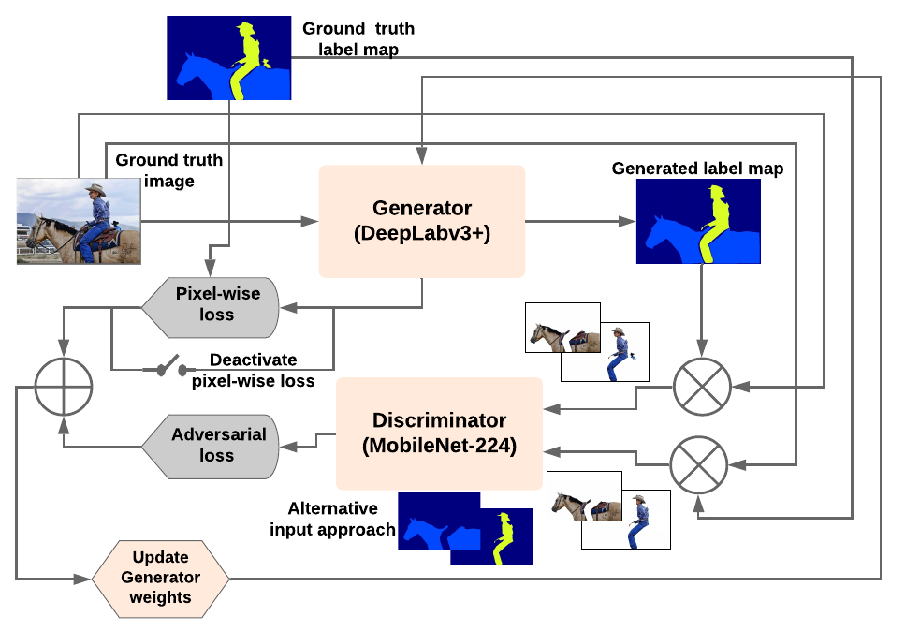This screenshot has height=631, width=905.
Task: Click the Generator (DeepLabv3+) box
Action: (422, 221)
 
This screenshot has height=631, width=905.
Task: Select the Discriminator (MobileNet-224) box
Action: (439, 433)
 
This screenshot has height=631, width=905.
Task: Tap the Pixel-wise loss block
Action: (211, 307)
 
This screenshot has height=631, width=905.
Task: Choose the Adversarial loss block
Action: (211, 447)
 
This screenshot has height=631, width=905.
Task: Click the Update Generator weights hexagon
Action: (160, 579)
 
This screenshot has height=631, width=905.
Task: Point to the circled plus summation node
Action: (64, 387)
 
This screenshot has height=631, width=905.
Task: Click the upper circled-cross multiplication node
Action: (702, 387)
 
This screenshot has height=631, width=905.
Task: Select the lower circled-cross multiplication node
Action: (698, 464)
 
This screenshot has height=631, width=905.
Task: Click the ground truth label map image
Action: (229, 58)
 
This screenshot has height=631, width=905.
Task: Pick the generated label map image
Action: (698, 221)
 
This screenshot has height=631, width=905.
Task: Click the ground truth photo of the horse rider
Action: (79, 221)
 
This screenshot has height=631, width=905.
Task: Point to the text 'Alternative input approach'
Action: (332, 519)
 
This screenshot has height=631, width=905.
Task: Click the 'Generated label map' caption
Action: (698, 168)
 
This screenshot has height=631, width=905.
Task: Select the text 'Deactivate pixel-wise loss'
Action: (254, 370)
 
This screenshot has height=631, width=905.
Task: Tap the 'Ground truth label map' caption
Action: (358, 38)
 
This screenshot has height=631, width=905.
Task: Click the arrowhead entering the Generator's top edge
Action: (422, 155)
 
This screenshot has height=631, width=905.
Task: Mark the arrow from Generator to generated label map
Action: (580, 221)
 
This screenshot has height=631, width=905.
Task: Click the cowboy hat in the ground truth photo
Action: (95, 188)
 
